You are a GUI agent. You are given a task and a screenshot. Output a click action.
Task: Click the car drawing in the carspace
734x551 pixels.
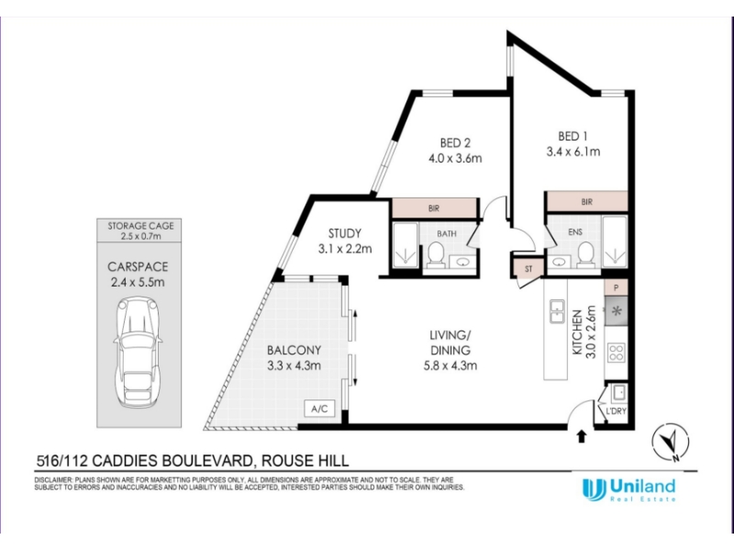[139, 353]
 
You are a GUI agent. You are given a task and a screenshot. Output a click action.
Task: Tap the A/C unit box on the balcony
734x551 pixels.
[319, 409]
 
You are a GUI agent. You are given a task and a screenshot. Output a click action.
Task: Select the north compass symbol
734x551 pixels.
[671, 442]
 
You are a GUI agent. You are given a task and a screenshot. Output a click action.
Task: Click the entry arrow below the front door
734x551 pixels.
[582, 437]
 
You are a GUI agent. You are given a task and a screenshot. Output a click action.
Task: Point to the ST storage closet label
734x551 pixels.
[528, 269]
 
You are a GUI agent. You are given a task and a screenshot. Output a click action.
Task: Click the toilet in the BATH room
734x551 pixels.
[436, 254]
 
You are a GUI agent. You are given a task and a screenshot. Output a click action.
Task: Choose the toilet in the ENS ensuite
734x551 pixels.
[585, 253]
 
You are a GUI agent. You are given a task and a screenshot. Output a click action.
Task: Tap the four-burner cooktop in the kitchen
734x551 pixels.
[616, 353]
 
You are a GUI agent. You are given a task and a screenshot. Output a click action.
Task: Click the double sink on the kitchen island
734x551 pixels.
[557, 311]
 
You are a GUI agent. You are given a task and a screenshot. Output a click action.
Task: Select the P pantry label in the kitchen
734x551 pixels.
[616, 288]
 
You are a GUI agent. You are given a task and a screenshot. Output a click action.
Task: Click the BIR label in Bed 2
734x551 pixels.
[434, 208]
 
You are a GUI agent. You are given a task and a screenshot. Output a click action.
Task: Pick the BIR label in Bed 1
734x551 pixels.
[587, 202]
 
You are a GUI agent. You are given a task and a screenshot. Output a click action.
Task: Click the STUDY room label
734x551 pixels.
[345, 233]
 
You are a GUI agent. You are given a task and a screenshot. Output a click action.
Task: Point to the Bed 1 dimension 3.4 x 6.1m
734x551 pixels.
[573, 152]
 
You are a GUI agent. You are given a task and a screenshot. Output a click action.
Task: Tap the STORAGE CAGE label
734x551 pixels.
[140, 225]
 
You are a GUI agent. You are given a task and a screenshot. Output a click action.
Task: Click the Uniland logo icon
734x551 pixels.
[594, 489]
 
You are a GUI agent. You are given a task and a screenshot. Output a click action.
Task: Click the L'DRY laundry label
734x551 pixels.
[616, 411]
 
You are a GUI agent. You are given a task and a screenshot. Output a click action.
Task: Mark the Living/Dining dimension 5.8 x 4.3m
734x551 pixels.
[450, 365]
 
